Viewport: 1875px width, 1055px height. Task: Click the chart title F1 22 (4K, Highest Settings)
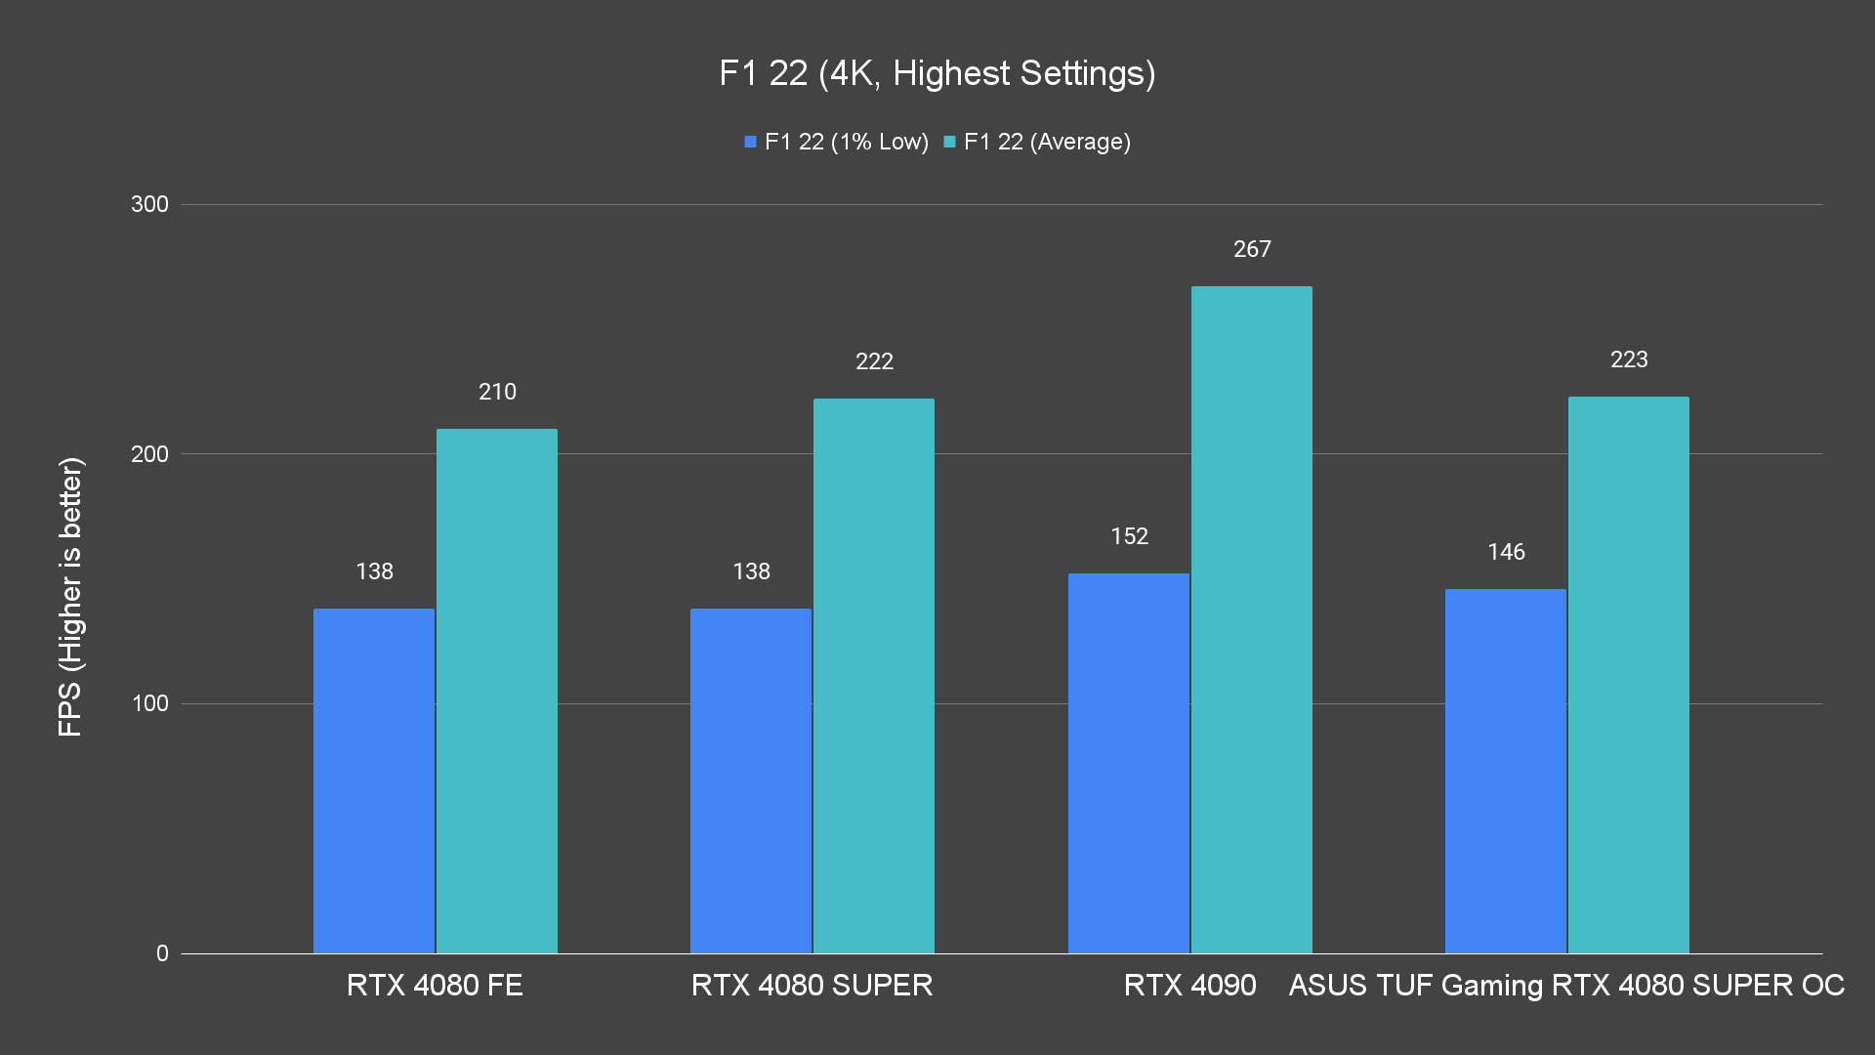(x=937, y=73)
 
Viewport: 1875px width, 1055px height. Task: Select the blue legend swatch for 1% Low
(x=750, y=142)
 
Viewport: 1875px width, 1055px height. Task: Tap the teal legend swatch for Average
(x=949, y=142)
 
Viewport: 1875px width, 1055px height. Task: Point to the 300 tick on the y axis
(x=149, y=204)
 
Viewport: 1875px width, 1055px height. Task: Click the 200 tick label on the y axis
(x=149, y=454)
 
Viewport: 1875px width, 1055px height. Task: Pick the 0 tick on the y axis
(x=162, y=953)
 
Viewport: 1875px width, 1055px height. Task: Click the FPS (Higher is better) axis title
(x=70, y=597)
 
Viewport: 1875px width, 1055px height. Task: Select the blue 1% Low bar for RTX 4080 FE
(x=373, y=781)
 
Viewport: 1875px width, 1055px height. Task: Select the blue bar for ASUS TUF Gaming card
(x=1505, y=772)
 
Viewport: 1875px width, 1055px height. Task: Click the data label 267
(x=1252, y=249)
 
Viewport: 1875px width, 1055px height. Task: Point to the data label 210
(x=497, y=392)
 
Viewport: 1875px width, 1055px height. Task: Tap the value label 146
(x=1506, y=552)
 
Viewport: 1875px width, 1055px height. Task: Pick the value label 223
(x=1629, y=359)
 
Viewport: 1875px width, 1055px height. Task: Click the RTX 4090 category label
(x=1189, y=985)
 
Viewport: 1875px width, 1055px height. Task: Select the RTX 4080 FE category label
(x=435, y=985)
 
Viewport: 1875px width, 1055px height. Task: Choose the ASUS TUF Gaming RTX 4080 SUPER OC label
(x=1566, y=985)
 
